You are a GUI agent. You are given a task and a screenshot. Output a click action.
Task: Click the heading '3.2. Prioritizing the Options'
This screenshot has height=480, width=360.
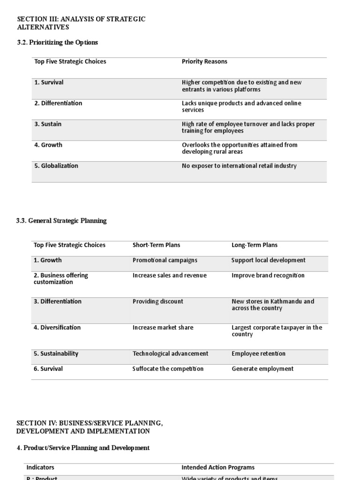point(57,42)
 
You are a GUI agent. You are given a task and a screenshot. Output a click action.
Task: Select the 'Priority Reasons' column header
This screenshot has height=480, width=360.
point(204,61)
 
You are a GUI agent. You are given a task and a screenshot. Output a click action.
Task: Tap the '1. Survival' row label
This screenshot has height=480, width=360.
point(49,82)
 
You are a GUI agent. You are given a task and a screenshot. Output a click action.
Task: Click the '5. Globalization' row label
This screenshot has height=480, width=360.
point(56,166)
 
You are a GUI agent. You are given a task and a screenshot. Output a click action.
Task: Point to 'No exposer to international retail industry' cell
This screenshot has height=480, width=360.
point(239,166)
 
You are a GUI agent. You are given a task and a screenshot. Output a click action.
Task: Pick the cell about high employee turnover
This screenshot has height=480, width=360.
point(248,127)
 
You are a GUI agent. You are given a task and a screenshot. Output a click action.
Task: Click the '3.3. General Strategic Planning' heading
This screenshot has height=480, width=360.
point(61,221)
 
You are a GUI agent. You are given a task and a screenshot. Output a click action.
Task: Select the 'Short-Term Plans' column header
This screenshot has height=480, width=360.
point(156,245)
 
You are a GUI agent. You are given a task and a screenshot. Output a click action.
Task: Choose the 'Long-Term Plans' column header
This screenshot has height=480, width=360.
point(255,245)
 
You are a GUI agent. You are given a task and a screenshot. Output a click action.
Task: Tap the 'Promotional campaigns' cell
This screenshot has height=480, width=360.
point(165,260)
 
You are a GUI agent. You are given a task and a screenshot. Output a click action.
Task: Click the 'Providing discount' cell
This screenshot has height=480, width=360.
point(158,301)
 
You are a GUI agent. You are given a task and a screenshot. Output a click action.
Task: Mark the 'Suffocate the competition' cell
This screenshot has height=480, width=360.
point(168,369)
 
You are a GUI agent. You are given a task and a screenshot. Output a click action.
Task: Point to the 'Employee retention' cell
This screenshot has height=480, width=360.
point(258,354)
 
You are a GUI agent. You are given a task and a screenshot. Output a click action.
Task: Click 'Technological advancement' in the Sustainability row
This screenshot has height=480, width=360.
point(170,354)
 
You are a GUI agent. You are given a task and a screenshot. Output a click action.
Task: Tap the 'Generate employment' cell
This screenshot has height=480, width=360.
point(262,369)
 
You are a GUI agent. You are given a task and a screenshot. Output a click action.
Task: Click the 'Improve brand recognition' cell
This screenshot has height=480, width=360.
point(268,276)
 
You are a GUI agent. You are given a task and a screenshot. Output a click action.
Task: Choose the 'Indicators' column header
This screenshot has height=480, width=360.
point(40,467)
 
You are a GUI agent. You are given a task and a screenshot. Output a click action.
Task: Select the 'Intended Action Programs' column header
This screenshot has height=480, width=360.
point(218,467)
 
